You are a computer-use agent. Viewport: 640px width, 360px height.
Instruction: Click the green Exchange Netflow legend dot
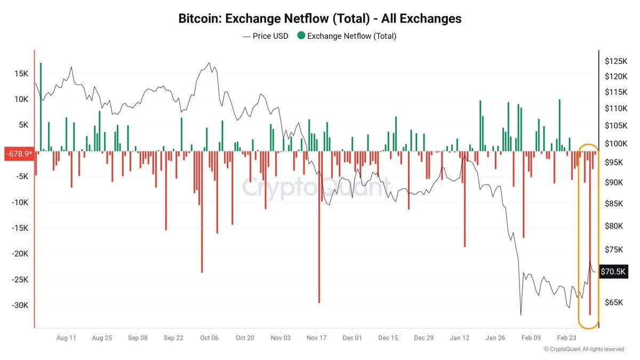pos(301,36)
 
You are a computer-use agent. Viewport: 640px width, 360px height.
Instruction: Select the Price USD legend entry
pos(265,36)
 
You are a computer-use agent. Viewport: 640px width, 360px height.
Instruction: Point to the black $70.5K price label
pos(613,271)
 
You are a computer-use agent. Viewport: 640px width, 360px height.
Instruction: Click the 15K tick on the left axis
pos(22,74)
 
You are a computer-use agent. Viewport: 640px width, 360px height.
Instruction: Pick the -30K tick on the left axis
pos(20,305)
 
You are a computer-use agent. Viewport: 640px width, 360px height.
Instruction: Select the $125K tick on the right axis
pos(615,61)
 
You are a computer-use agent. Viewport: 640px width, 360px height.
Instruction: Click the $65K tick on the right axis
pos(613,302)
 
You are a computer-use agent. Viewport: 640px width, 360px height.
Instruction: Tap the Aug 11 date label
pos(66,338)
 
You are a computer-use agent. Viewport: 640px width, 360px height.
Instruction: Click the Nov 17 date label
pos(316,338)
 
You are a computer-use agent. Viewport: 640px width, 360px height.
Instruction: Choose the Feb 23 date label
pos(567,338)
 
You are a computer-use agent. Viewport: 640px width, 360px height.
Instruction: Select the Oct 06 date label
pos(209,338)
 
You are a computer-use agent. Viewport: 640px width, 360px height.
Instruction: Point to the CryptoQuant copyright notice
pos(583,349)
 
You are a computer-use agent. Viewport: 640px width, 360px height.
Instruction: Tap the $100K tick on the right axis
pos(615,144)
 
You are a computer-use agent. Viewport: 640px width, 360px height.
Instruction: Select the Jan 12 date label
pos(459,338)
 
